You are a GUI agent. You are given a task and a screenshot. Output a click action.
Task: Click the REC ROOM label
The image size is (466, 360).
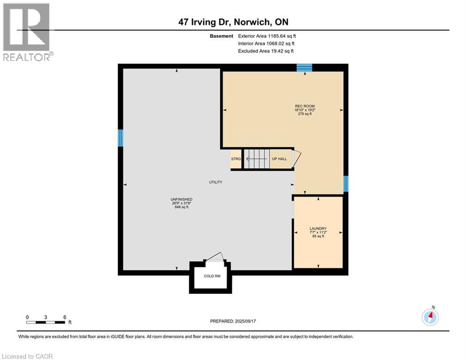coord(300,106)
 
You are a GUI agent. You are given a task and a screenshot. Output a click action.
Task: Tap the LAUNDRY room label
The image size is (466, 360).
coord(318,229)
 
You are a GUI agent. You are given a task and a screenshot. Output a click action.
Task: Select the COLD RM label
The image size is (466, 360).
coord(212,276)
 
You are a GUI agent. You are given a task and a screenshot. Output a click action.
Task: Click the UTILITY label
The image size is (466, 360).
coord(215,182)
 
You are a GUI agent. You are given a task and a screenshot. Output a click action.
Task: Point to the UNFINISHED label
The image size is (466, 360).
coord(181,200)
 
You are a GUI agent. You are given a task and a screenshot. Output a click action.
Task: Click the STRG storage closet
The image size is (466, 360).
coord(236,159)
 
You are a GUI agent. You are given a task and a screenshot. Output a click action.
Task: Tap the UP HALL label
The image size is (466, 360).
coord(279,159)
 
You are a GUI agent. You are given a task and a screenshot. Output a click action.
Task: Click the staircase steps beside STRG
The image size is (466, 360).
coord(257,159)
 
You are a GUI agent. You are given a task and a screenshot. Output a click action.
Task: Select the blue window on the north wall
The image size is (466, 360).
coord(304,68)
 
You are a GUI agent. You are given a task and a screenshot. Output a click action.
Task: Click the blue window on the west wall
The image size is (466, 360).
coord(120,138)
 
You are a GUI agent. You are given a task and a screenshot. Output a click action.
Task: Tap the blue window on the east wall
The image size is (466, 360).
coord(346,184)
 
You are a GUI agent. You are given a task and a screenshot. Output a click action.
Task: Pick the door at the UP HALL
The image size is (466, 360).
coord(296,158)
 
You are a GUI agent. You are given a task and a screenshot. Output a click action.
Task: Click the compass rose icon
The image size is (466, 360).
coord(430,317)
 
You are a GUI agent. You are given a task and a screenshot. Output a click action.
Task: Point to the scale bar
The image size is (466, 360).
coord(46,322)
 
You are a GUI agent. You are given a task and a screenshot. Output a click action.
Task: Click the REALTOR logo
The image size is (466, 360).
coord(27,32)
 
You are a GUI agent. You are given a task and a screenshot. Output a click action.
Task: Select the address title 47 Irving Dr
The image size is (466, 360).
coord(233,22)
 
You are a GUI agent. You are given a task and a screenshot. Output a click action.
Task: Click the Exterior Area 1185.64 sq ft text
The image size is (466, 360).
coord(267,36)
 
